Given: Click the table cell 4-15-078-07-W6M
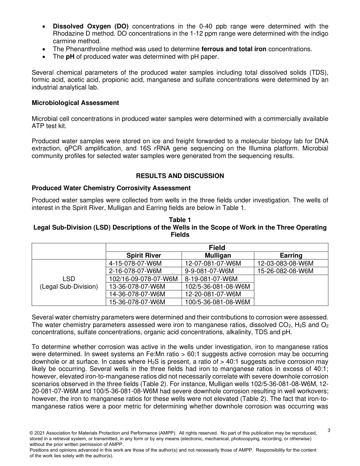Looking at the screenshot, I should coord(144,263).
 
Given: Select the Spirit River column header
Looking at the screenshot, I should coord(144,255).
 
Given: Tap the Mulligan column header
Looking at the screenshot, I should coord(218,255).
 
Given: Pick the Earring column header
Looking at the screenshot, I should coord(291,255).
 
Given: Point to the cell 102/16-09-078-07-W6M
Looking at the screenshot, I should coord(144,279).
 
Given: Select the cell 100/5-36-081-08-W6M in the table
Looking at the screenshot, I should coord(218,302).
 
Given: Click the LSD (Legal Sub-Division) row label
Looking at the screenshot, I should coord(69,283).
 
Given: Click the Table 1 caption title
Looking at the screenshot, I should coord(180,220).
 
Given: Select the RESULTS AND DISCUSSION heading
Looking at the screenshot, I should coord(180,176).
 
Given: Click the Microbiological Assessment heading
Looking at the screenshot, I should coord(75,103).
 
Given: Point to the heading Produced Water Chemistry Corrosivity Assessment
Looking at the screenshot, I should coord(111,188).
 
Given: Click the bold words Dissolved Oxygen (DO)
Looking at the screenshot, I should coord(91,26).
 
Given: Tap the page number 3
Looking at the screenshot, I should coord(329,430).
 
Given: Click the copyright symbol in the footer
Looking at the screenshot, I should coord(31,433).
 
